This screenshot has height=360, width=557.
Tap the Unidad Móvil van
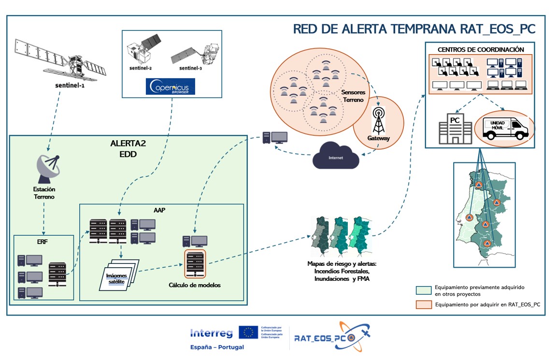[504, 127]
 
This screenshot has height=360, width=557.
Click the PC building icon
[455, 128]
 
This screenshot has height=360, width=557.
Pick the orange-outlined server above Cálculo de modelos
[195, 264]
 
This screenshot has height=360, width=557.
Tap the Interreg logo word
[211, 333]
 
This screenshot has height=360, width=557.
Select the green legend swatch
[424, 290]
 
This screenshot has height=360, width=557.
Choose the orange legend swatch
[424, 305]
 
